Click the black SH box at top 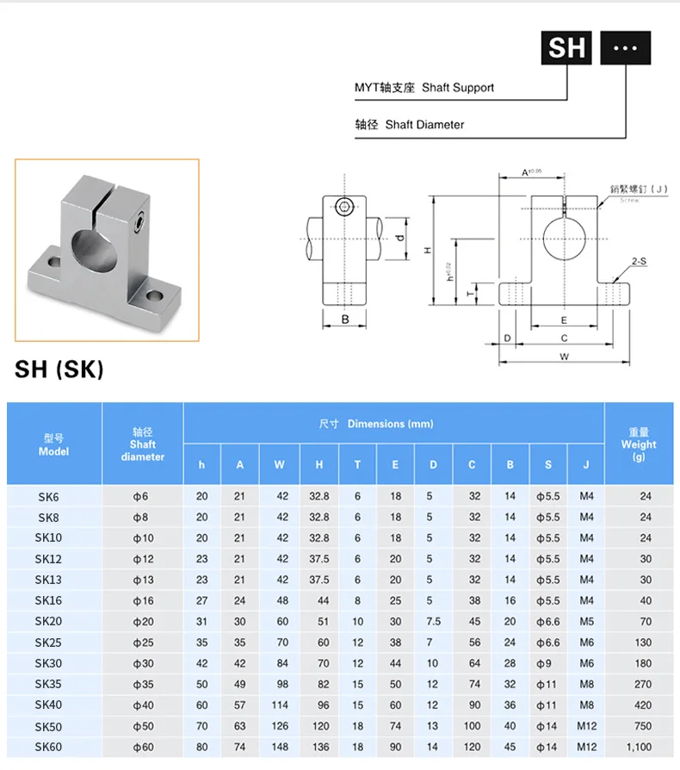click(x=566, y=47)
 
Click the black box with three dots click(x=625, y=47)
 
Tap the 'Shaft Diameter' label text click(x=424, y=125)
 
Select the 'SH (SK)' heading click(x=59, y=369)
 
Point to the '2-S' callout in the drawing click(x=639, y=260)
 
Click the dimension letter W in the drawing click(x=564, y=355)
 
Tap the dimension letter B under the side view click(x=344, y=320)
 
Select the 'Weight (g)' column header click(x=638, y=444)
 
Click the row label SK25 click(x=48, y=643)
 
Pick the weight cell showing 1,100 click(x=640, y=747)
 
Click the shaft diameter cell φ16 click(x=141, y=601)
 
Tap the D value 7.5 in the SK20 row click(x=433, y=622)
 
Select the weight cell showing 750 click(x=642, y=726)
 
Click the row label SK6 click(x=48, y=497)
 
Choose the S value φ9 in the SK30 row click(x=547, y=663)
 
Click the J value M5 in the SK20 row click(x=586, y=622)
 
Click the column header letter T click(x=357, y=465)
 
